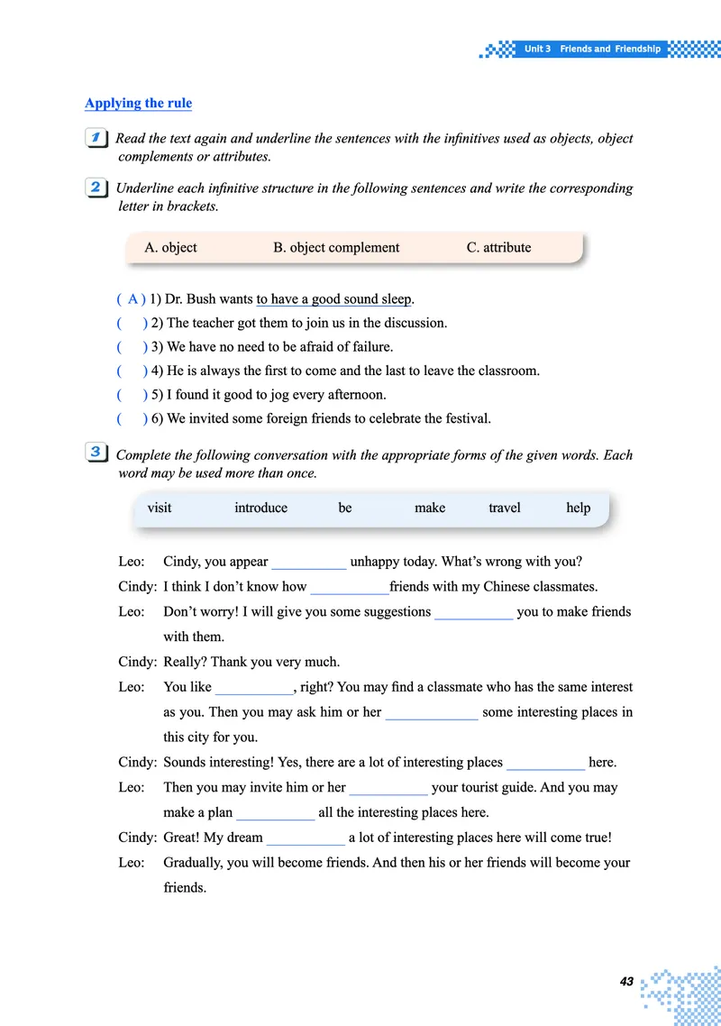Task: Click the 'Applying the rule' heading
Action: [138, 103]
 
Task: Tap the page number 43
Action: [626, 980]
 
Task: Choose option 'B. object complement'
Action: [336, 247]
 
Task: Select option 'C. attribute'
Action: [498, 247]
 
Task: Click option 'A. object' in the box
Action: [170, 247]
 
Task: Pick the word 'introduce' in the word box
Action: [260, 508]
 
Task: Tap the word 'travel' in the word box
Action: [504, 508]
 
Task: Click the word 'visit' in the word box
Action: [160, 508]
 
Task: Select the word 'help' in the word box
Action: [578, 508]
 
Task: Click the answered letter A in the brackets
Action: [132, 299]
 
